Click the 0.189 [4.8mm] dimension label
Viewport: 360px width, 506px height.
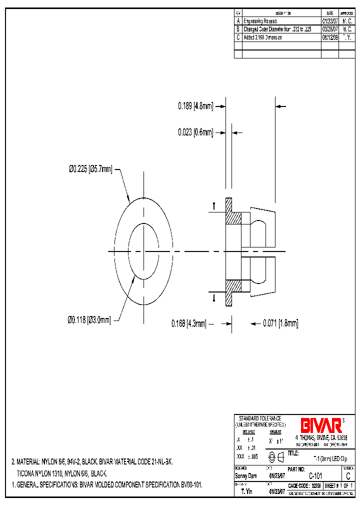(x=195, y=106)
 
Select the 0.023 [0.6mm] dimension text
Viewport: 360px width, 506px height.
(x=195, y=132)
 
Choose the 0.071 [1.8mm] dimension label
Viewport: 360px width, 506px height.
(x=280, y=323)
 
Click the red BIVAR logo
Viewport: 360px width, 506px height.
(x=321, y=425)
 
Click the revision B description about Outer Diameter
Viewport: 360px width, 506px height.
(x=280, y=29)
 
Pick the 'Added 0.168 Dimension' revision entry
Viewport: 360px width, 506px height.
(x=263, y=37)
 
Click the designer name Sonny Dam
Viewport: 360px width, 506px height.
(x=245, y=476)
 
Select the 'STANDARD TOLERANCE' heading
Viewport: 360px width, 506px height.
(x=259, y=418)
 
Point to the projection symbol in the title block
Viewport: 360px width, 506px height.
(x=276, y=456)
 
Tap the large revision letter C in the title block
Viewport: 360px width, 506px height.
(x=347, y=476)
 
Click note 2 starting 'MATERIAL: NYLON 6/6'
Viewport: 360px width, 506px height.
(x=92, y=462)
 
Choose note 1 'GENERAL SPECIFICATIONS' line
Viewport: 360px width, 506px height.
(x=106, y=485)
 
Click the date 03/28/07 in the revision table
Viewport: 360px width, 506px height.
(x=329, y=29)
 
